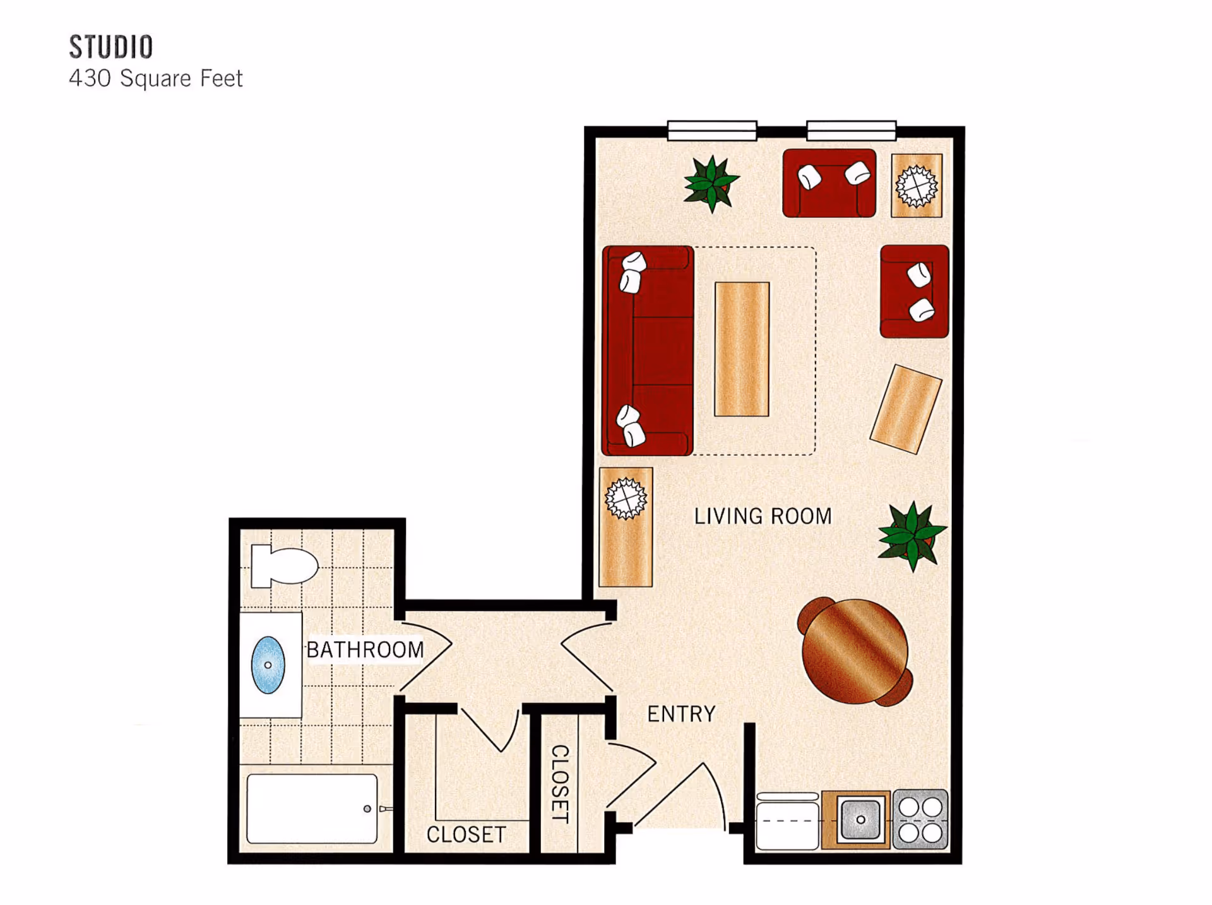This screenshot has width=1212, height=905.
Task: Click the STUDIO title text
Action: pyautogui.click(x=111, y=47)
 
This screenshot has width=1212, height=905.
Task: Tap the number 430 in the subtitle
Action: pyautogui.click(x=90, y=79)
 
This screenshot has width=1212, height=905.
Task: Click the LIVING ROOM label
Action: pyautogui.click(x=763, y=516)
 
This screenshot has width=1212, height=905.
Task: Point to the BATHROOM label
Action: pyautogui.click(x=365, y=650)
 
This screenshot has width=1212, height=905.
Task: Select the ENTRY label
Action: pyautogui.click(x=681, y=714)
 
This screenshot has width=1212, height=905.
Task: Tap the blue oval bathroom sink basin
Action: pyautogui.click(x=268, y=665)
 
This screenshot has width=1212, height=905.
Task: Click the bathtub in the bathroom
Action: pyautogui.click(x=312, y=809)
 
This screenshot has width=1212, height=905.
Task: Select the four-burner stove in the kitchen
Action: pyautogui.click(x=920, y=819)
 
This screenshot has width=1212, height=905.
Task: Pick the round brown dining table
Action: pyautogui.click(x=855, y=651)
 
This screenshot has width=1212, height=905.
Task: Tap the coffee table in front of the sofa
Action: pyautogui.click(x=742, y=349)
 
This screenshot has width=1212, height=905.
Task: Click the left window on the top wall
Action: pyautogui.click(x=712, y=131)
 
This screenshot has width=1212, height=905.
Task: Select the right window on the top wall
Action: pyautogui.click(x=851, y=131)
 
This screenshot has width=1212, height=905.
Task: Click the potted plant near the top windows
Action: pyautogui.click(x=711, y=184)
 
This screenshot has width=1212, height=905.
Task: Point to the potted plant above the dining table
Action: pyautogui.click(x=912, y=536)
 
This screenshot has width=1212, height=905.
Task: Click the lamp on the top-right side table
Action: pyautogui.click(x=917, y=186)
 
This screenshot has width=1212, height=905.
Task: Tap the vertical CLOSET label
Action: pyautogui.click(x=560, y=784)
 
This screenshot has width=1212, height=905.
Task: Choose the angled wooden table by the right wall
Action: pyautogui.click(x=906, y=408)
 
